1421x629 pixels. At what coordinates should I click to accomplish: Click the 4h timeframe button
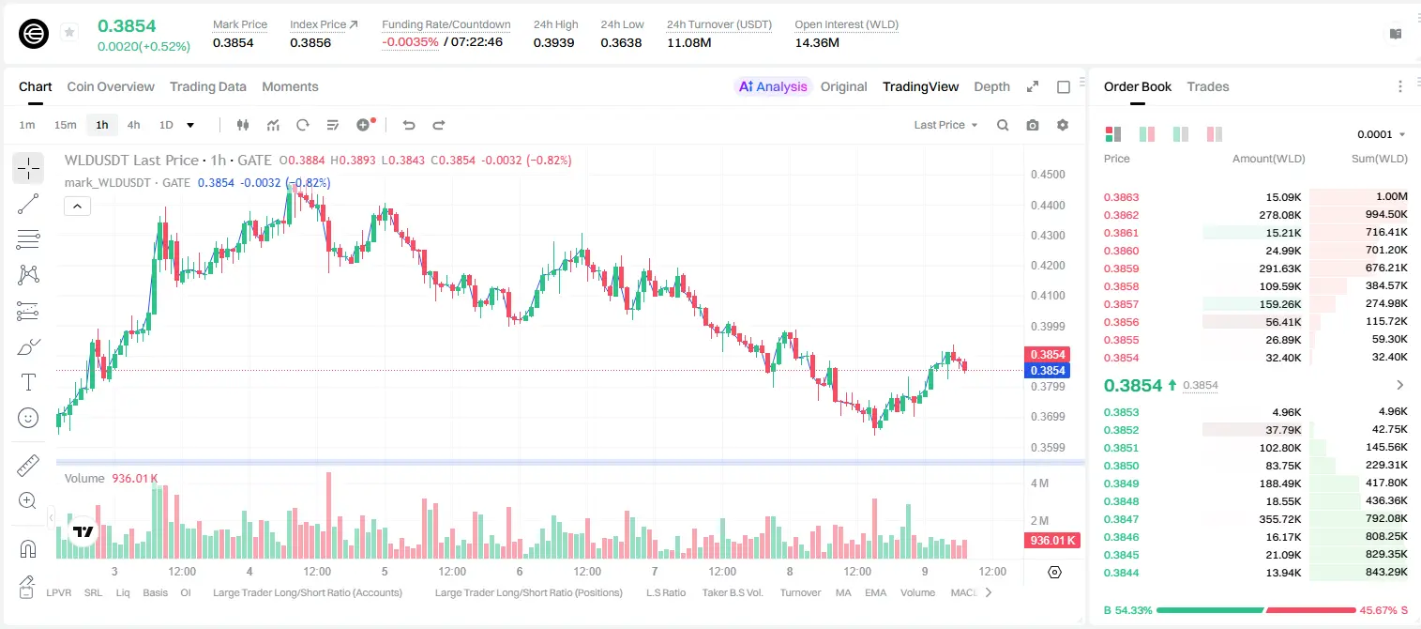coord(133,125)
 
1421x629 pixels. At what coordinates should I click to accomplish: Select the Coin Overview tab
coord(111,86)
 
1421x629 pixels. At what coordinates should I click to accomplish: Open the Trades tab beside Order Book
coord(1207,86)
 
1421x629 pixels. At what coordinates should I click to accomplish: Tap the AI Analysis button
coord(773,86)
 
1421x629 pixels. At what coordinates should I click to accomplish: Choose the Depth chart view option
coord(991,86)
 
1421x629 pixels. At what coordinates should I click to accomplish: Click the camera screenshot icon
coord(1032,125)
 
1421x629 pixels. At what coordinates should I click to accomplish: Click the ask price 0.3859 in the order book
coord(1121,268)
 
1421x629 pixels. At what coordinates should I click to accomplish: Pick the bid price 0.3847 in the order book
coord(1121,519)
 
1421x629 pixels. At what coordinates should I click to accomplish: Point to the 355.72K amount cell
coord(1279,519)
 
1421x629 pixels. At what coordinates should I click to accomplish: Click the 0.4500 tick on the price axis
coord(1048,175)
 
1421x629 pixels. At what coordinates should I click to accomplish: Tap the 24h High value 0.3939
coord(553,42)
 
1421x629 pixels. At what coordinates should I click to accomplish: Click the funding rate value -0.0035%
coord(410,42)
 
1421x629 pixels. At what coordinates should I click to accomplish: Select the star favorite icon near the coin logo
coord(69,32)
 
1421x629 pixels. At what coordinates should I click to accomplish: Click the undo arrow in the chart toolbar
coord(409,125)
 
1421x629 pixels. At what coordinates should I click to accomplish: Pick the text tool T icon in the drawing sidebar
coord(28,382)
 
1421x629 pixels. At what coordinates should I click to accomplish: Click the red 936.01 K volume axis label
coord(1052,540)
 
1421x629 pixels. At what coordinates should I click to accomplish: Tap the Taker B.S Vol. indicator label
coord(732,592)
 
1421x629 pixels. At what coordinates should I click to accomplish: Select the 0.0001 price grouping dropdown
coord(1381,134)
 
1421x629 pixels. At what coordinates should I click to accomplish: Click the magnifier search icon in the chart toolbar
coord(1003,125)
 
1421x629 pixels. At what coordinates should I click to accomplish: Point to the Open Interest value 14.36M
coord(817,42)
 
